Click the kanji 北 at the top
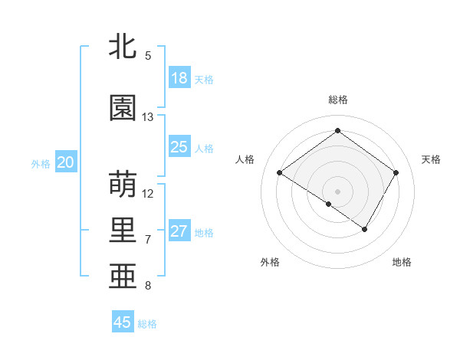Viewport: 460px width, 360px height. coord(123,46)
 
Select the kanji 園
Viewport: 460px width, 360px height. coord(123,108)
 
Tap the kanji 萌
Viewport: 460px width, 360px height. coord(123,185)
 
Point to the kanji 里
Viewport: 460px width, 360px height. coord(123,230)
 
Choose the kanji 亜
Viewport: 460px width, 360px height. coord(123,277)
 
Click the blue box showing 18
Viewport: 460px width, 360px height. coord(179,78)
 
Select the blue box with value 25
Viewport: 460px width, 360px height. coord(179,147)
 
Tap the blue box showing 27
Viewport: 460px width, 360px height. coord(179,231)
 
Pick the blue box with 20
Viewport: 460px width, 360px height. coord(66,162)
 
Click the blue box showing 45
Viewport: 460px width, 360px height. coord(123,322)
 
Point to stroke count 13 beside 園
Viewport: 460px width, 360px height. coord(148,117)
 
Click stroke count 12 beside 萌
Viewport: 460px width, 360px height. coord(148,193)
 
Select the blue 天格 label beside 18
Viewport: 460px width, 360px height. coord(204,80)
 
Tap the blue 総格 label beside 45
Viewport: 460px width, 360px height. coord(147,324)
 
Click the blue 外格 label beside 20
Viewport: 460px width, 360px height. coord(41,164)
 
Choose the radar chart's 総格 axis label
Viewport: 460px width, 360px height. coord(337,100)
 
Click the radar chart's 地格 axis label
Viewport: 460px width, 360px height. coord(402,262)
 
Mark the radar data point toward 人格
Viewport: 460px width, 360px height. coord(279,173)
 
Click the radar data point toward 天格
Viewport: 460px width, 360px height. coord(396,173)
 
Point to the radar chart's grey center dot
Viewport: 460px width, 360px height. coord(337,191)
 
